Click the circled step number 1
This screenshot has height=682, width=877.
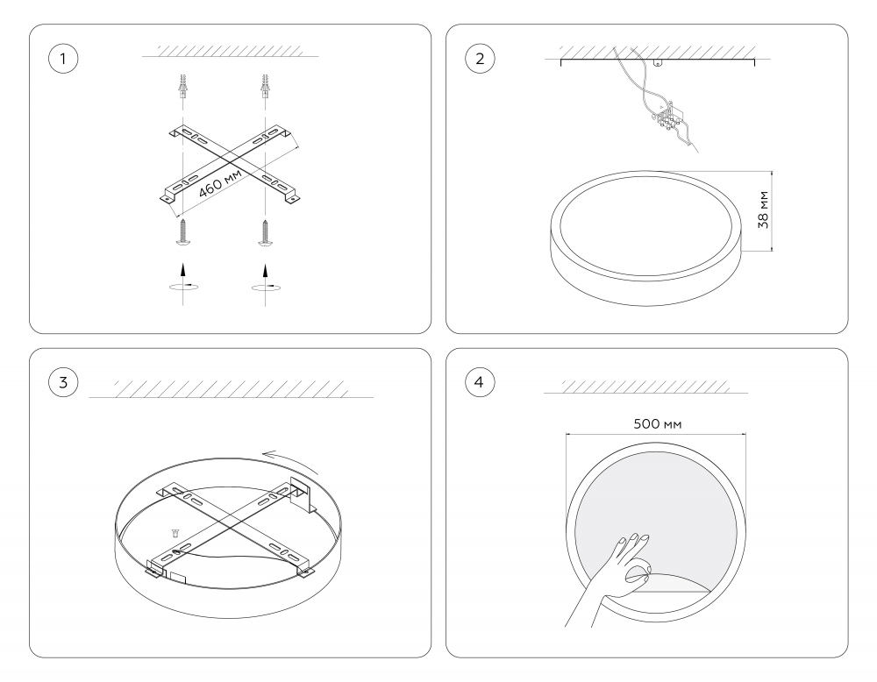pos(61,59)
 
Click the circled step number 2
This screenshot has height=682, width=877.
pos(479,59)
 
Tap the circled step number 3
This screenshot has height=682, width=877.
pos(61,382)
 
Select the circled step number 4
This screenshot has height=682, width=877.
pos(479,382)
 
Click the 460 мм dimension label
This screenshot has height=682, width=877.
pos(220,181)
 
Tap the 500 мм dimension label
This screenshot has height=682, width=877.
pos(657,423)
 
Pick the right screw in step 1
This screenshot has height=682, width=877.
pos(264,232)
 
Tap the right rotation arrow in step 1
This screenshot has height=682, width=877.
pos(264,286)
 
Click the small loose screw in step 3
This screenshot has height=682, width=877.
pos(175,532)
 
